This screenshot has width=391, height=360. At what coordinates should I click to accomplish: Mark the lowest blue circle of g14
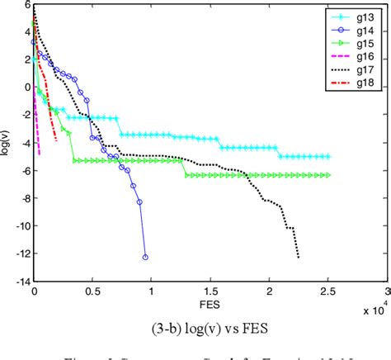[146, 257]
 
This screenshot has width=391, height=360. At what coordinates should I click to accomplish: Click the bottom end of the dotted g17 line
[299, 257]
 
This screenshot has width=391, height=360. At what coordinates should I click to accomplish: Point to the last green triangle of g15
[328, 175]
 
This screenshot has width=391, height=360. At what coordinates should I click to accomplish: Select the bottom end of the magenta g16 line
[39, 130]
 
